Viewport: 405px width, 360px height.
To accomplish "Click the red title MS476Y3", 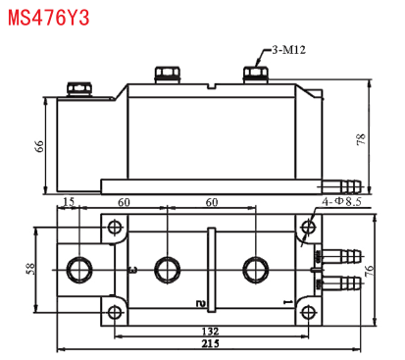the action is [x=48, y=18].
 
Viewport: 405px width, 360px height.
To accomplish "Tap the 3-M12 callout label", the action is [x=289, y=50].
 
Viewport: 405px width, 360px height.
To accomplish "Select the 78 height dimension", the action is [x=361, y=139].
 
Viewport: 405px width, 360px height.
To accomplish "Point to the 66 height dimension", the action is [x=39, y=146].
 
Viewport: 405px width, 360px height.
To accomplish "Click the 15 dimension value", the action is [x=69, y=202].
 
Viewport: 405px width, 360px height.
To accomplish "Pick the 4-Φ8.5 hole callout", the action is [x=341, y=201].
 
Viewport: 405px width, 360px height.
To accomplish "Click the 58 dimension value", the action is [x=30, y=269].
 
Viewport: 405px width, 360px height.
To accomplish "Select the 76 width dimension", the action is [x=370, y=271].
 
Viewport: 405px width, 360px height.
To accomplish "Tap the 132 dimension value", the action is [x=210, y=332].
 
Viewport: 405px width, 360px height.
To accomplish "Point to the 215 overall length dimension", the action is [x=210, y=344].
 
